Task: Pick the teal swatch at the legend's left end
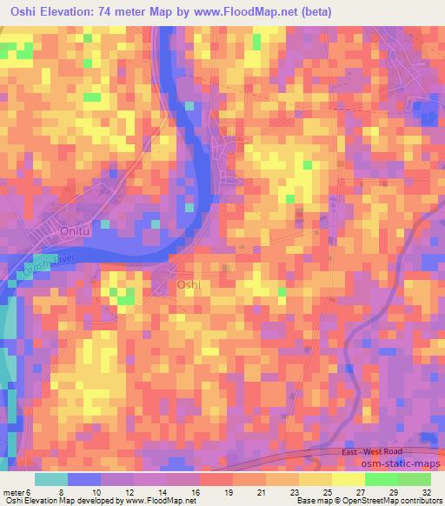pos(51,479)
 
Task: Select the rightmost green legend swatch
pos(415,479)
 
